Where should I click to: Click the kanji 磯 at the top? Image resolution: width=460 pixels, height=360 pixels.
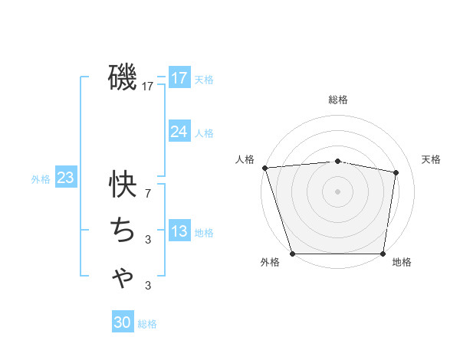(x=123, y=77)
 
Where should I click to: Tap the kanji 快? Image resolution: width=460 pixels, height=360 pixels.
(x=123, y=183)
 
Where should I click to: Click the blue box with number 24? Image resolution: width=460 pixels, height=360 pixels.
(x=179, y=132)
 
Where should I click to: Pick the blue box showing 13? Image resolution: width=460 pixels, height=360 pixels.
(x=179, y=231)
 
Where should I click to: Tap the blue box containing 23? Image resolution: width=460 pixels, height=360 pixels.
(x=66, y=178)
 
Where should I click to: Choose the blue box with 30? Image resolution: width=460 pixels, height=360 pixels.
(x=123, y=323)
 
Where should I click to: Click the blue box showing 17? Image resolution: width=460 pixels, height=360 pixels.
(x=179, y=78)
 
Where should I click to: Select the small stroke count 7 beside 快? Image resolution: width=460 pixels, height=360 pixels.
(x=148, y=194)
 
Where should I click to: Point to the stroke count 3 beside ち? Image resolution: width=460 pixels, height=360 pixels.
(x=148, y=241)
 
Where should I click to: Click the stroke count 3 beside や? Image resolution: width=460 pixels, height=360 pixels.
(x=148, y=286)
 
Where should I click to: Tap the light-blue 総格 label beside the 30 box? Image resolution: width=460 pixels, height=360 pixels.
(x=147, y=324)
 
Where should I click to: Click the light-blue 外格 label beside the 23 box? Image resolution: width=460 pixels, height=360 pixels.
(x=41, y=179)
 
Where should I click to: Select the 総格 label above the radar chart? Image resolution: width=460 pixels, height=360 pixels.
(x=338, y=100)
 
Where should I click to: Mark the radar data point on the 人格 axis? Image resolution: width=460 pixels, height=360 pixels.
(x=264, y=168)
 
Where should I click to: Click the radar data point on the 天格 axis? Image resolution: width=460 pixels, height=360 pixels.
(x=396, y=172)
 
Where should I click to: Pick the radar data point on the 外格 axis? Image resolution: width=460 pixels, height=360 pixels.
(x=293, y=254)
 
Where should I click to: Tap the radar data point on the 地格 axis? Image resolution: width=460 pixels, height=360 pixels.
(x=383, y=254)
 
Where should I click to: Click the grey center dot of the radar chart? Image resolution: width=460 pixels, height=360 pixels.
(x=338, y=191)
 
